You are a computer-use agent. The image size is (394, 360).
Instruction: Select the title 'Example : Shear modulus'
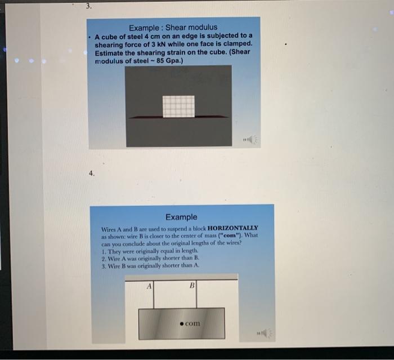[173, 27]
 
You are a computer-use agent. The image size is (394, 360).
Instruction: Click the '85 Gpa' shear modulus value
[171, 61]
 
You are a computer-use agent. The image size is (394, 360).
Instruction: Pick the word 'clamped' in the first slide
[236, 44]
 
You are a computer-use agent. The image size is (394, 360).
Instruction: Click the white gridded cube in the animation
[178, 106]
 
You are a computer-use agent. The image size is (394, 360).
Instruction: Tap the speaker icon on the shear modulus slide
[250, 139]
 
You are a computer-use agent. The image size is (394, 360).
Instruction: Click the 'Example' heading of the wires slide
[181, 217]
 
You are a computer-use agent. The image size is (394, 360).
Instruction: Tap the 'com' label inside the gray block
[192, 324]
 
